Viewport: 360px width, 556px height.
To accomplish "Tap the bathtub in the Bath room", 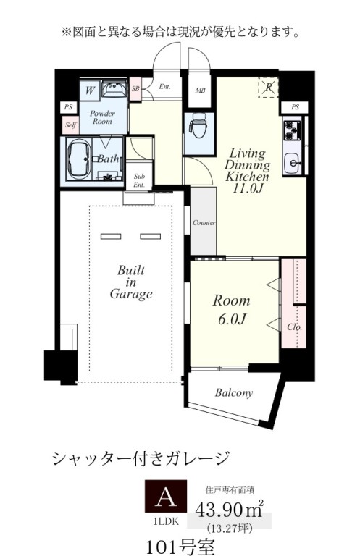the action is (x=79, y=159).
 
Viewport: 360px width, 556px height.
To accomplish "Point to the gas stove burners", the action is (x=292, y=130).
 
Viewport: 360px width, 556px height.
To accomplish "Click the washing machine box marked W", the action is (x=89, y=90).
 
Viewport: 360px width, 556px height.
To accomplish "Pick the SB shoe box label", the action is (x=135, y=88).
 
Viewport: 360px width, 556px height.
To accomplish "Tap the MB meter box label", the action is (x=200, y=90).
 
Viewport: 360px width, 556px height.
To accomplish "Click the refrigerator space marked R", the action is (x=269, y=87).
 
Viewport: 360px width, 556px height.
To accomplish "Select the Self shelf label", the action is (x=70, y=125).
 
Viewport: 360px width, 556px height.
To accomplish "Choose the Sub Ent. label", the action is (x=139, y=180).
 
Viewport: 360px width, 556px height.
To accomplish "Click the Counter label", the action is (x=204, y=223).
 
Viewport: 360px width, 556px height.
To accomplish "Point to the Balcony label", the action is (x=234, y=392).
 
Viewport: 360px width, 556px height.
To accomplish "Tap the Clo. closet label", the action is (x=294, y=327).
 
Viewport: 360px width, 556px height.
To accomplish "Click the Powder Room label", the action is (x=102, y=117).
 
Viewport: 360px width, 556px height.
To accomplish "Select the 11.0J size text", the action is (x=248, y=188).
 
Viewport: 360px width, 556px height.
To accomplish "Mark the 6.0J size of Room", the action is (x=233, y=319).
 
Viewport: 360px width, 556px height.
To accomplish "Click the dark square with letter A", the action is (x=166, y=496).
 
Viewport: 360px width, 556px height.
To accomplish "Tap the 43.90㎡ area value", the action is (x=230, y=510).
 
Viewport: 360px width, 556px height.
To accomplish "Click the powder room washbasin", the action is (x=114, y=88).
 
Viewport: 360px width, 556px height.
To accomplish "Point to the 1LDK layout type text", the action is (x=166, y=521).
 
